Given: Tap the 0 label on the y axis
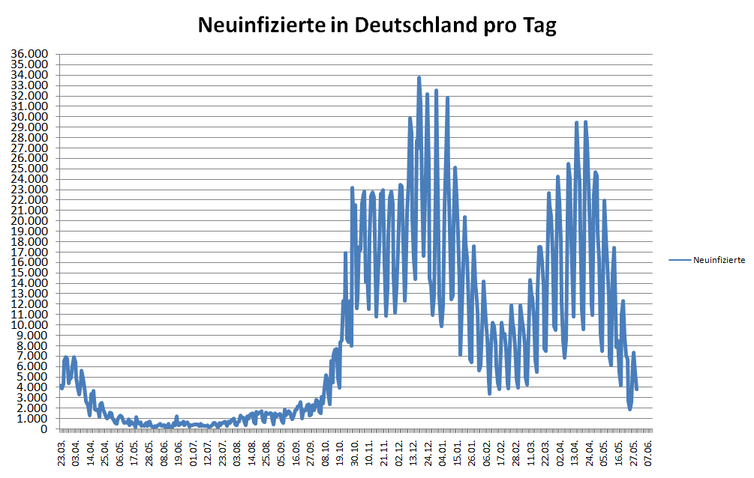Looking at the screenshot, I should point(44,429).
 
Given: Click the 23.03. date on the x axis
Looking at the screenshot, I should point(62,453).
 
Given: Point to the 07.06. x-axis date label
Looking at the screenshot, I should point(649,453).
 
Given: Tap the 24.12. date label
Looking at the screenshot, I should point(428,453).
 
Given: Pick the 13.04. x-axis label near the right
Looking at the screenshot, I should point(575,453).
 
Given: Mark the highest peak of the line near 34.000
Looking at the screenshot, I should point(419,77).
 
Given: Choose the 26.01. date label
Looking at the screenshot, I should point(473,453).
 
